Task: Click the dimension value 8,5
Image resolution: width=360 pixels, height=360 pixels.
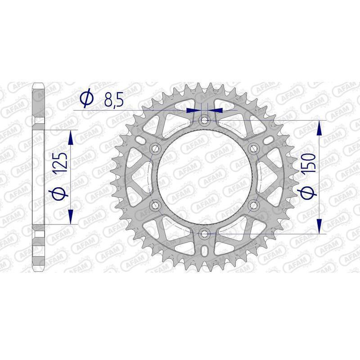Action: click(113, 100)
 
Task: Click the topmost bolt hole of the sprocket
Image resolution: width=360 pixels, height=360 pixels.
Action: click(205, 120)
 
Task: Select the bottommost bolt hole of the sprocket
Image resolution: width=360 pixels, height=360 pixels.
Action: click(205, 234)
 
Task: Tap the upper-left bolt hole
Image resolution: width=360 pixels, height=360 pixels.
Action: click(156, 148)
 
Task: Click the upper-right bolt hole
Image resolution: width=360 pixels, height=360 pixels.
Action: click(254, 148)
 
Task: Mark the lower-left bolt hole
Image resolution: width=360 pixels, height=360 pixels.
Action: click(156, 205)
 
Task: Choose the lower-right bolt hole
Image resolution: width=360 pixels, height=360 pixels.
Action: click(254, 205)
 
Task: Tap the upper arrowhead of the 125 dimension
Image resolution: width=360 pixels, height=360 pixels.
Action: click(71, 137)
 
